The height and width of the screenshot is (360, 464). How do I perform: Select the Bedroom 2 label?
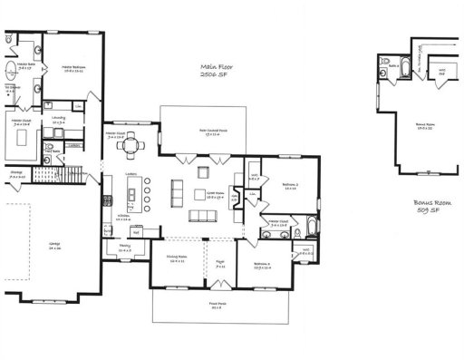[x=290, y=184]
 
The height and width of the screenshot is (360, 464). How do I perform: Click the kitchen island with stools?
[x=136, y=193]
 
